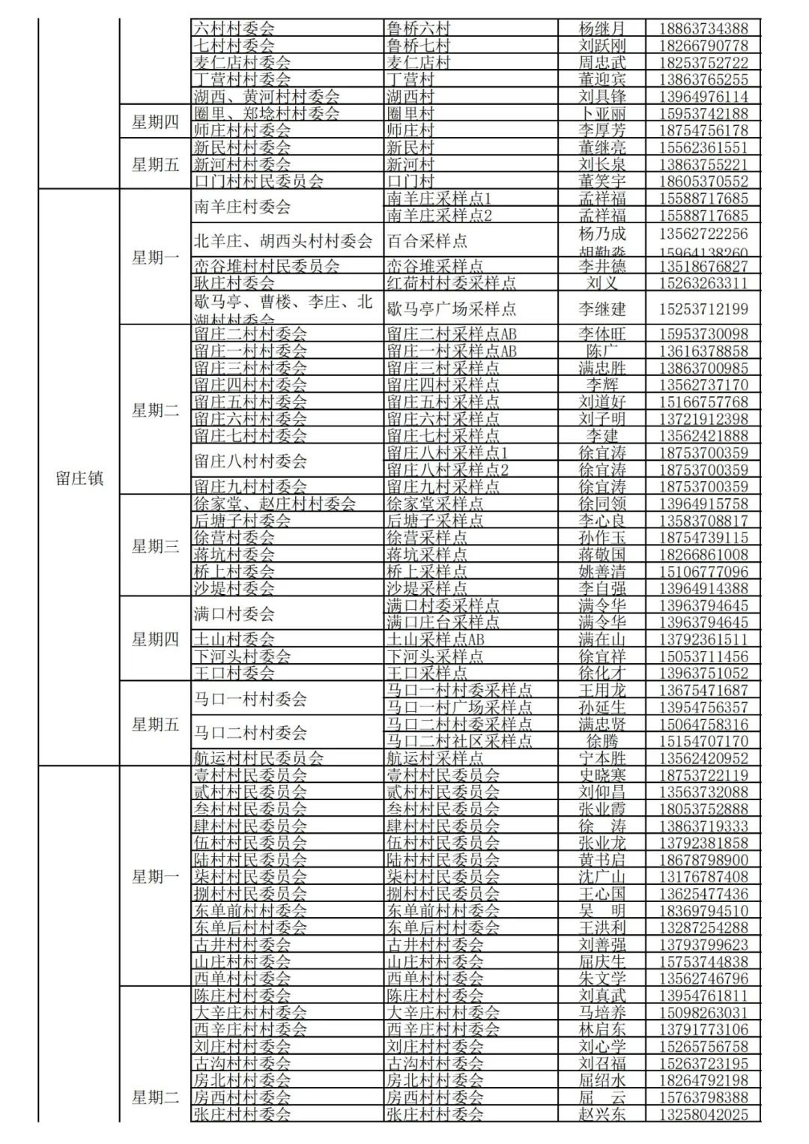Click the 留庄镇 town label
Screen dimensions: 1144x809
79,479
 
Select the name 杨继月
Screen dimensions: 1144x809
602,28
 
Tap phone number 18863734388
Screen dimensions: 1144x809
703,28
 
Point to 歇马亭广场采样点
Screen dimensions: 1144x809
451,309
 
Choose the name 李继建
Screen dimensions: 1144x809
602,309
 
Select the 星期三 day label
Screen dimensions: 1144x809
155,546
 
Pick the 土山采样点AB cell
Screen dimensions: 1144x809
435,639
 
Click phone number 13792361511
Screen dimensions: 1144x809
703,639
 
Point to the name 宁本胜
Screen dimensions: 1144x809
602,758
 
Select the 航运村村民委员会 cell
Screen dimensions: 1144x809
258,758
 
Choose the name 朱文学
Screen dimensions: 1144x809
602,978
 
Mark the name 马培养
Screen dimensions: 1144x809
602,1012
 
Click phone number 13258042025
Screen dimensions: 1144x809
703,1114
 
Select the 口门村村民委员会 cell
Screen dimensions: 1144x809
258,181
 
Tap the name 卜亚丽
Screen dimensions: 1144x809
602,113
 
